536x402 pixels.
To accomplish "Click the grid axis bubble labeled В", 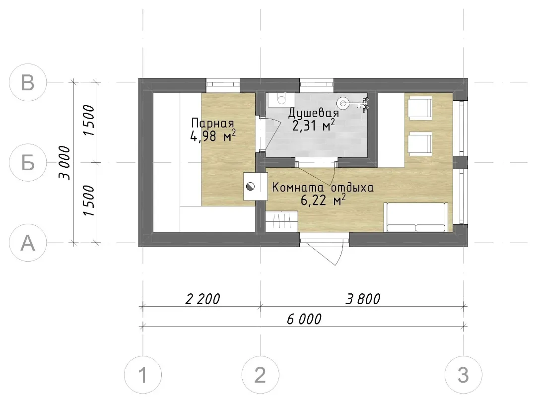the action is point(28,82).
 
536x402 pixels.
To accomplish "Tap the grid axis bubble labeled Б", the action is point(28,162).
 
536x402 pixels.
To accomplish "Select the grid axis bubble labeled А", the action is point(28,243).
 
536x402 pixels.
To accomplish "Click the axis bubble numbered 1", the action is point(143,375).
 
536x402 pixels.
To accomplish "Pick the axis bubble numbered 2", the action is point(261,375).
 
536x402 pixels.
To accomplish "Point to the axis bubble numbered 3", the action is point(464,375).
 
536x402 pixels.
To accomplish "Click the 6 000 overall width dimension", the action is point(304,319).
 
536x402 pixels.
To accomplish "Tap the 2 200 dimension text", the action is point(202,299).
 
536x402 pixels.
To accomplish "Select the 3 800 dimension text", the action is point(363,299).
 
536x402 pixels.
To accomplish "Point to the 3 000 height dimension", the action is point(65,163).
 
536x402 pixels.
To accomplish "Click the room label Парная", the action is point(212,123).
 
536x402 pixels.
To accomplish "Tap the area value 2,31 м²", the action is point(314,125).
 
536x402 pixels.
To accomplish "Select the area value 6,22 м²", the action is point(323,200).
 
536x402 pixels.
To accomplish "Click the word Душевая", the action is point(314,113).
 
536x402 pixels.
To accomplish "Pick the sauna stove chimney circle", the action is point(251,187).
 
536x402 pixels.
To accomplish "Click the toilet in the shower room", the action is point(281,99).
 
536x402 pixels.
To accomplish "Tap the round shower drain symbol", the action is point(343,102).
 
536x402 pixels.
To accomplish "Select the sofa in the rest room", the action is point(416,217).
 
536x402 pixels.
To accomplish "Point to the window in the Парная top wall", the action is point(223,84).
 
